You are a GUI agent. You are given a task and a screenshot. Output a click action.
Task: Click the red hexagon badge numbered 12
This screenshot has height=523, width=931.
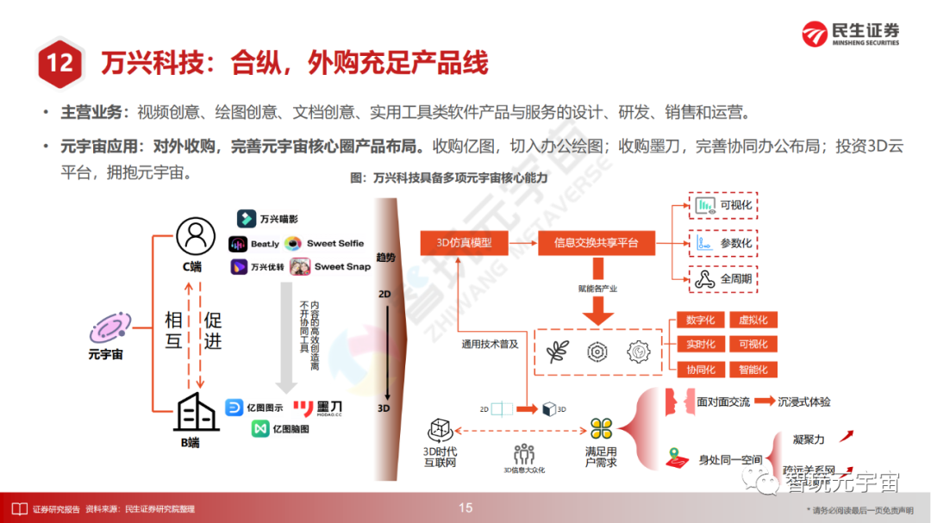[60, 63]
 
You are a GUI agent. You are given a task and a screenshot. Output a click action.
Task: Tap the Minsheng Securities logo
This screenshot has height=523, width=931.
[850, 33]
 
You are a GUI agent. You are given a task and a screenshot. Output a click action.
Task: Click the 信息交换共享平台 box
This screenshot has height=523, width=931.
[597, 242]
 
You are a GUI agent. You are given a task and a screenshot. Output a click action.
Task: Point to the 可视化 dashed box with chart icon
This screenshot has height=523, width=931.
[724, 205]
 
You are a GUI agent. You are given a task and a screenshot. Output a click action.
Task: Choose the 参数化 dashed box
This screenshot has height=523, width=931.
[724, 243]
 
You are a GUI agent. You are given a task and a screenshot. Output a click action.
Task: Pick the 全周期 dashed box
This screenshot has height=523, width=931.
[724, 279]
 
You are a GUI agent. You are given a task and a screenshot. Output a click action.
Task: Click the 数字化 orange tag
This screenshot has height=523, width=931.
[700, 320]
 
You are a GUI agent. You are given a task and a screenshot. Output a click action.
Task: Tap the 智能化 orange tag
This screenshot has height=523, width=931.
[753, 369]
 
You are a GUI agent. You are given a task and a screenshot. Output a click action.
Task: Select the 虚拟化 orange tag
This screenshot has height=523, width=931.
[753, 320]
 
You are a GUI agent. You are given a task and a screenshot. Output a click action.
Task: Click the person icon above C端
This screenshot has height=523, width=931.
[195, 235]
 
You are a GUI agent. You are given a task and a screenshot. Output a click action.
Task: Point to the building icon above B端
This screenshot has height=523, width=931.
[195, 414]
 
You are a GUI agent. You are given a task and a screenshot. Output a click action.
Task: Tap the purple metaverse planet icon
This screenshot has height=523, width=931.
[109, 328]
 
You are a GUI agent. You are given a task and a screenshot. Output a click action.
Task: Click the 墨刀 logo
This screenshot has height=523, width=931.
[316, 407]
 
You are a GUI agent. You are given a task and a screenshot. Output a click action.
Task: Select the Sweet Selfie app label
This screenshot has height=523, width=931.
[326, 244]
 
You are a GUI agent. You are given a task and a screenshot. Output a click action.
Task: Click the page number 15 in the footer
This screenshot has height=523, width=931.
[465, 507]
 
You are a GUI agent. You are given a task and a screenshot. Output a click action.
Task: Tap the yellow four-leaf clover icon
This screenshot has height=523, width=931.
[601, 428]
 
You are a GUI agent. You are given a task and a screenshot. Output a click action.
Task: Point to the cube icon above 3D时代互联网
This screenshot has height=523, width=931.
[440, 429]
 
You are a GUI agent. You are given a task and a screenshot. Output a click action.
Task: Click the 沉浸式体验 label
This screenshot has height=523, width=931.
[804, 402]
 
